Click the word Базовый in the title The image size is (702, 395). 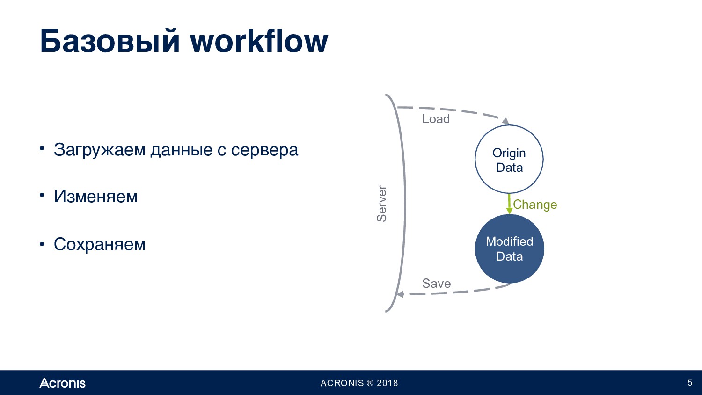coord(110,41)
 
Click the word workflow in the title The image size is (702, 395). coord(259,40)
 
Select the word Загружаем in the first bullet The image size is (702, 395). coord(100,150)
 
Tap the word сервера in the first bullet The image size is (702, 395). coord(264,150)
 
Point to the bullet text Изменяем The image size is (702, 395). coord(95,197)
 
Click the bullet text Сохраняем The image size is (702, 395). coord(100,244)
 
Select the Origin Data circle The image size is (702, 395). coord(509,159)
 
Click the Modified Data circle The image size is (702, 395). coord(510,249)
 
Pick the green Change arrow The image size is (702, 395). coord(509,204)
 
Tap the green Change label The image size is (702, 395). coord(535,205)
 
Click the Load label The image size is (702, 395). coord(436,119)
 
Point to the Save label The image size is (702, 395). coord(437,284)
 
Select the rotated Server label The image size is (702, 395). coord(382,204)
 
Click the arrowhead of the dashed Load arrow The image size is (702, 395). coord(505,121)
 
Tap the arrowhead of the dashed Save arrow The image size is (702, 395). coord(400,294)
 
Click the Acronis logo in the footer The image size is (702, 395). coord(62,383)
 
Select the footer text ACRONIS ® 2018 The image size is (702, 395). coord(359,383)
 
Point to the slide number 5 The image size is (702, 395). coord(690,383)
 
